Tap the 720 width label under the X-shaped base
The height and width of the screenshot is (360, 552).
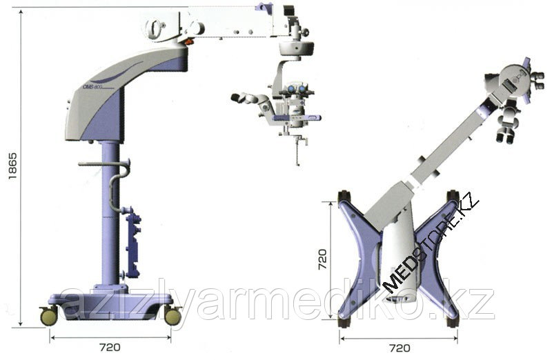point(399,348)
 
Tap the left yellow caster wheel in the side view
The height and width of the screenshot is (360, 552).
point(50,316)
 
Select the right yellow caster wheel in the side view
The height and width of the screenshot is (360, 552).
point(172,316)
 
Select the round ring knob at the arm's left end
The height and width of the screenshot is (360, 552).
point(156,28)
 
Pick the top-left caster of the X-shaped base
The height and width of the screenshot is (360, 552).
point(343,196)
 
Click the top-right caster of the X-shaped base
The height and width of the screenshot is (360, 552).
point(453,196)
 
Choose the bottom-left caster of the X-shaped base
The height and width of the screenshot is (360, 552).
point(343,321)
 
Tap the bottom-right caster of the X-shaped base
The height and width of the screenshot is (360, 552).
point(453,321)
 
